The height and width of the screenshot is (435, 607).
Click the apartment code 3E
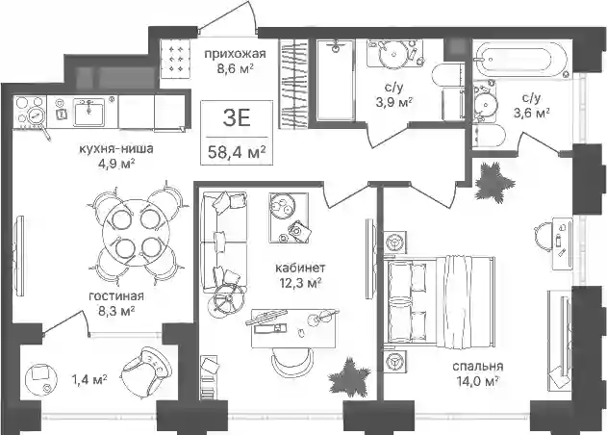[x=237, y=118]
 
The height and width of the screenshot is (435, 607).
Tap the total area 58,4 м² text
[x=237, y=152]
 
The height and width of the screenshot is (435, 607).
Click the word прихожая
[x=235, y=54]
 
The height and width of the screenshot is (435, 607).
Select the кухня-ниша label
[x=116, y=149]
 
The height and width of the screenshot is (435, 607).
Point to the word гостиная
[x=116, y=296]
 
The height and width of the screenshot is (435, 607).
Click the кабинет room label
[x=300, y=269]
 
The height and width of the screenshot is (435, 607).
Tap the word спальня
[x=478, y=367]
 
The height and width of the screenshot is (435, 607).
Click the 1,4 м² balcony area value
[x=89, y=379]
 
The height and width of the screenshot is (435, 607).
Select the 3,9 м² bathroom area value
[x=393, y=103]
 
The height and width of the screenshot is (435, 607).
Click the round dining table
[x=132, y=233]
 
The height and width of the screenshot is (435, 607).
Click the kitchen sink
[x=89, y=113]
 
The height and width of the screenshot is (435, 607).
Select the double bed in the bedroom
[x=441, y=300]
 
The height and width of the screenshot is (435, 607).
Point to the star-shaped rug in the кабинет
[x=349, y=377]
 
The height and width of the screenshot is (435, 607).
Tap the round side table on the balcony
[x=41, y=379]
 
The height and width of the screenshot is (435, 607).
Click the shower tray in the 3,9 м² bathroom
[x=335, y=80]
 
